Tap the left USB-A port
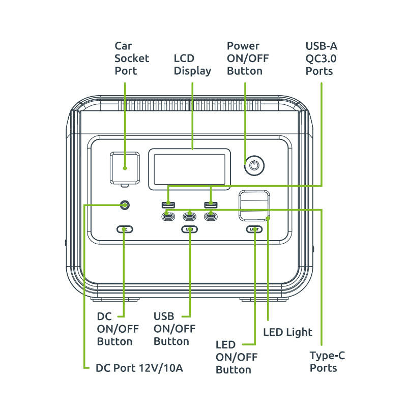click(169, 205)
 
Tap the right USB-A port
click(211, 205)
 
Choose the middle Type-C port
click(190, 217)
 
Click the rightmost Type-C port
click(211, 217)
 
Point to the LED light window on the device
click(255, 206)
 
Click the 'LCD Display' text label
click(192, 65)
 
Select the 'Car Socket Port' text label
click(132, 59)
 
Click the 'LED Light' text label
click(287, 332)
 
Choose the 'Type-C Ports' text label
click(327, 361)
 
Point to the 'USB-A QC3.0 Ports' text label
click(321, 59)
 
